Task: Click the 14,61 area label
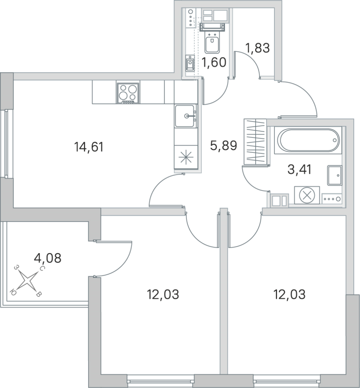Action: pos(89,146)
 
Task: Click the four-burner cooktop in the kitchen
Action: pos(128,92)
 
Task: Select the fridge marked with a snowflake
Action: pos(186,157)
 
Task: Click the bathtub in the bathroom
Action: pos(308,140)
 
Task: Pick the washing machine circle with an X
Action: pos(307,196)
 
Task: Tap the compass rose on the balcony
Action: pos(29,281)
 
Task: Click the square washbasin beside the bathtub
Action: pos(335,175)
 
